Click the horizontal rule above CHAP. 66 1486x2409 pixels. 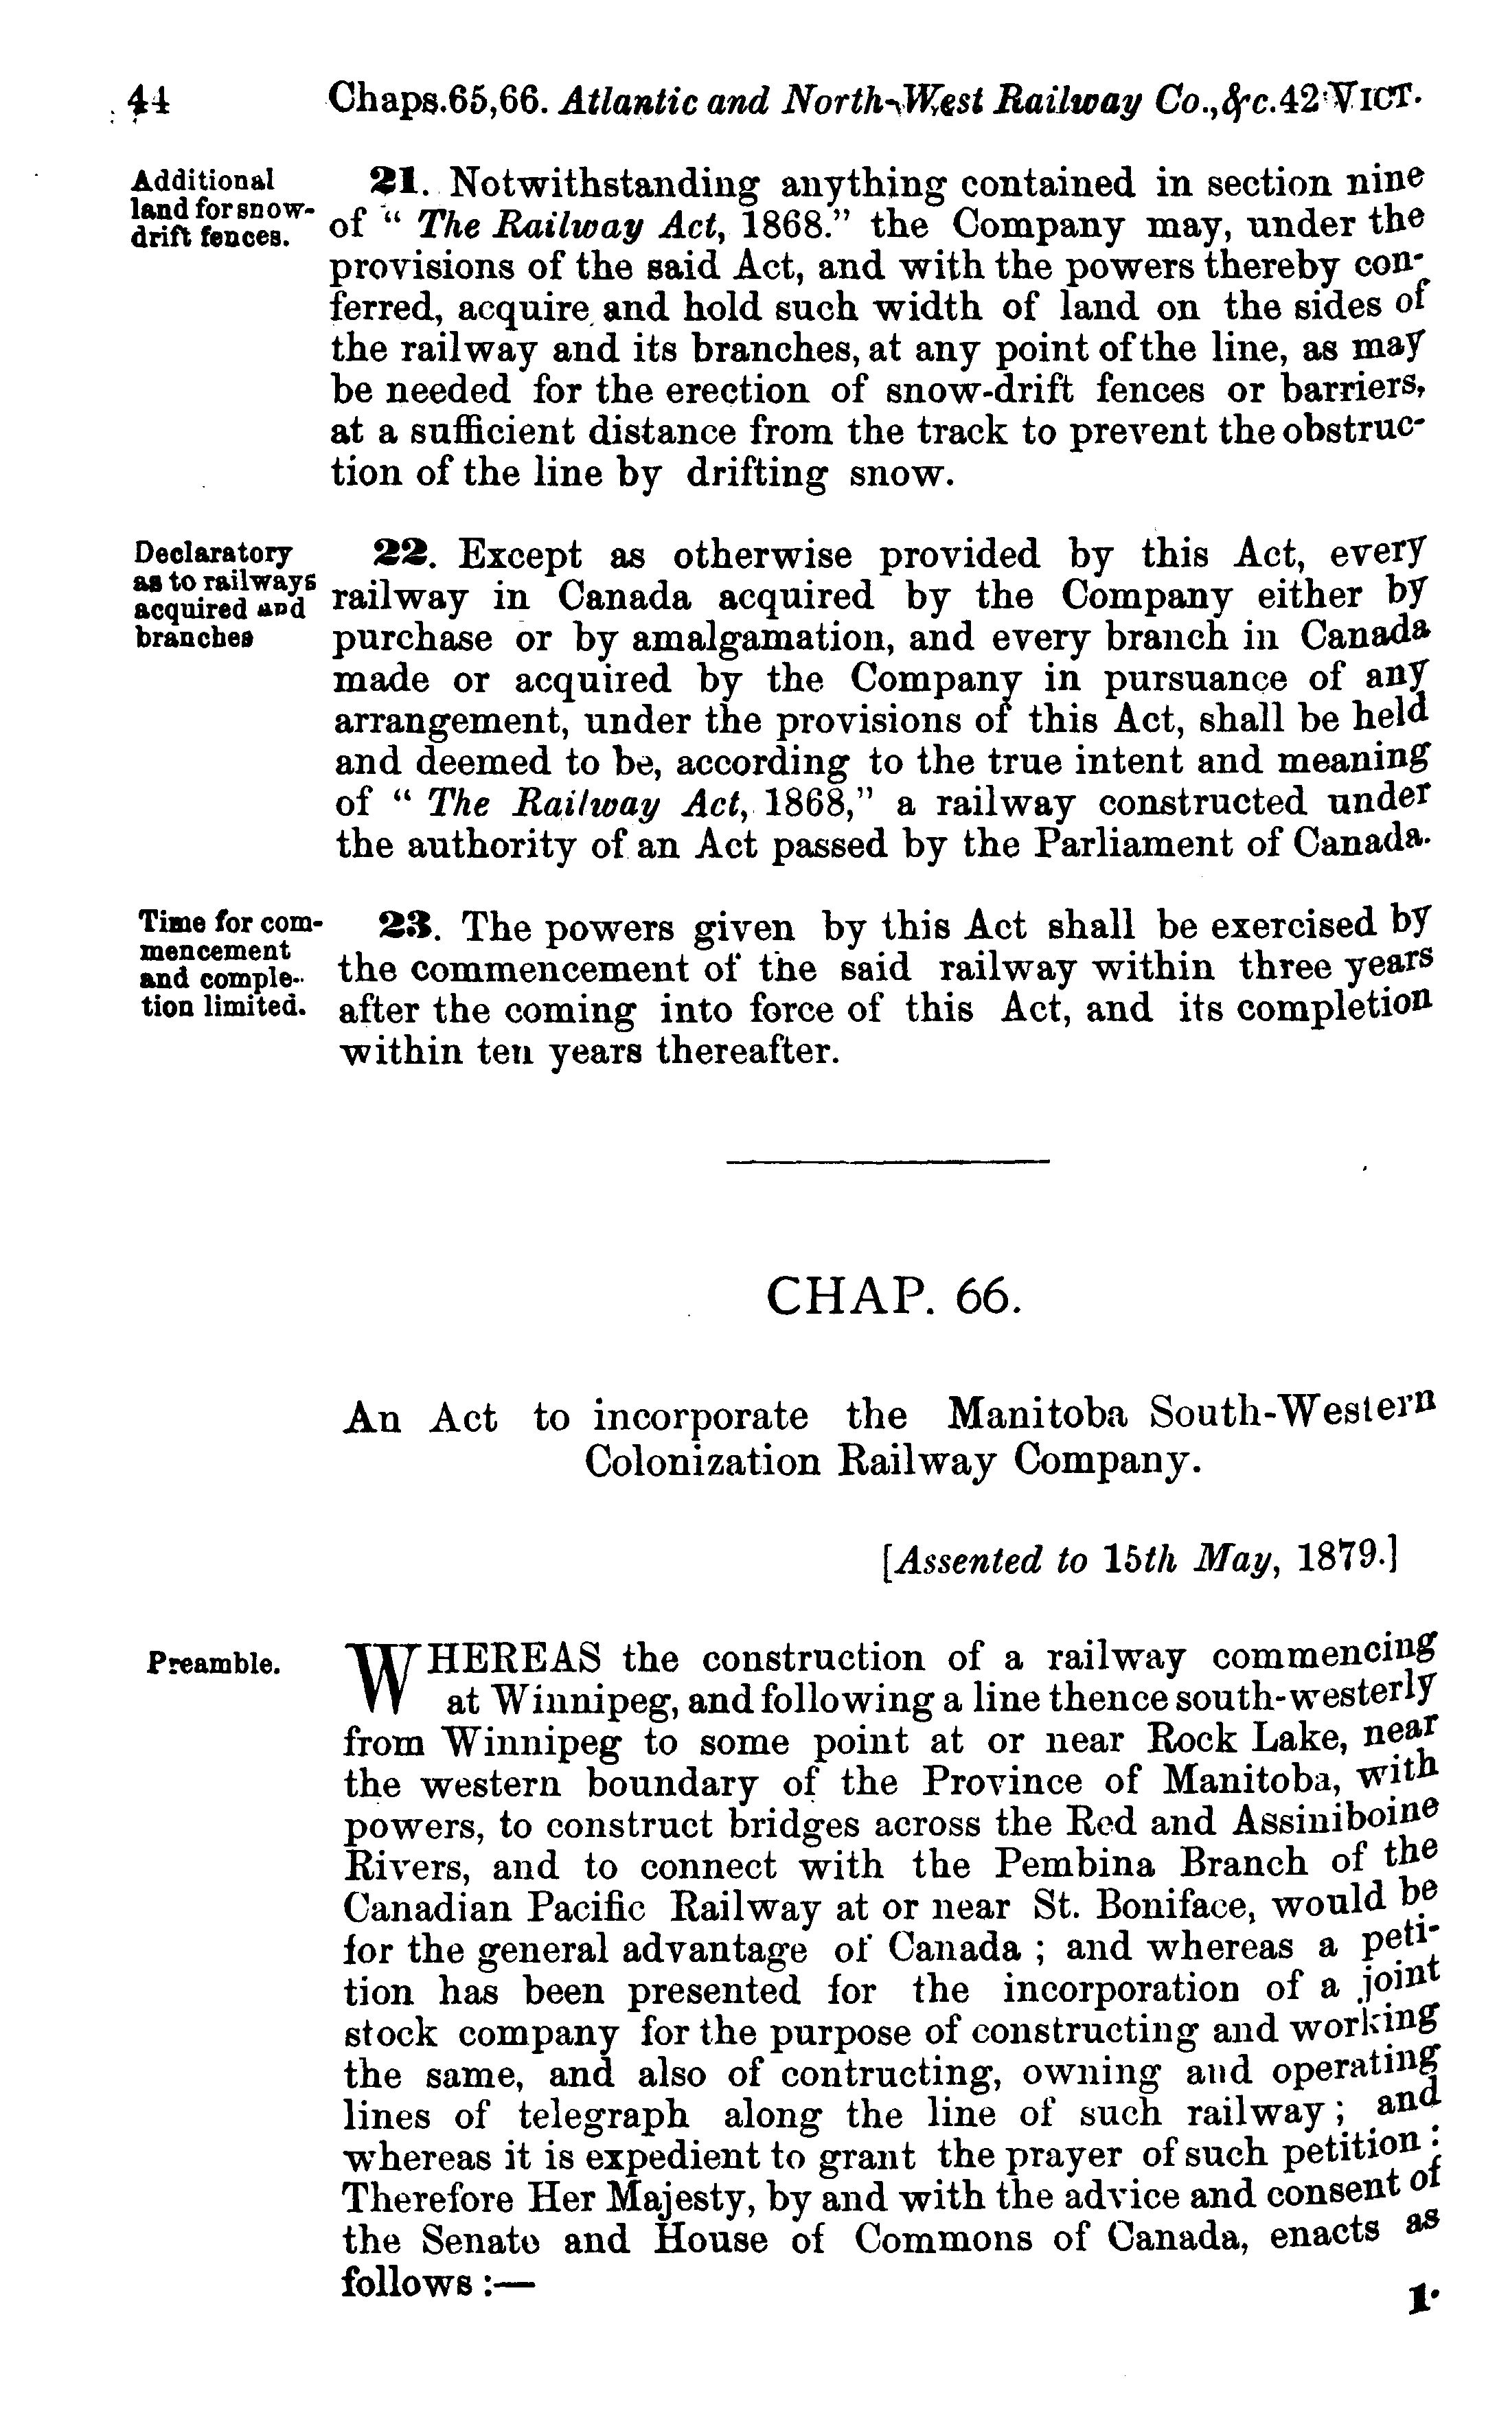(887, 1163)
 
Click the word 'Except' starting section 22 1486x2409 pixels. (520, 556)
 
